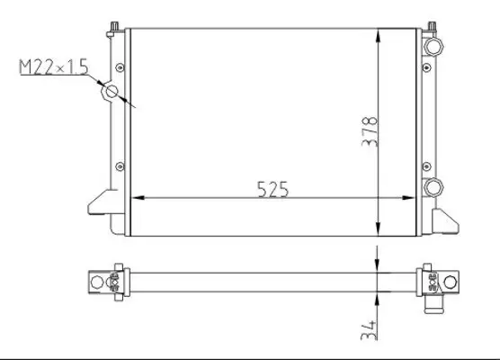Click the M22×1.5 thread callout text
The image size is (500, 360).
coord(55,67)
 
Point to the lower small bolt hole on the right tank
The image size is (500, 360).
coord(425,163)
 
